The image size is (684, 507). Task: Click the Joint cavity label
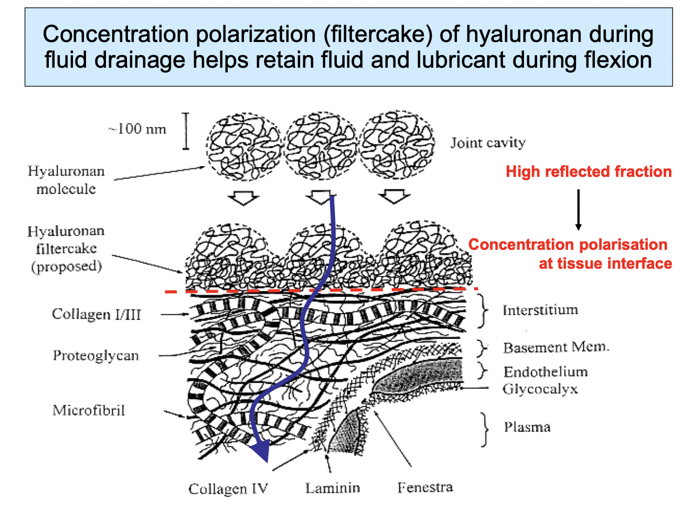(488, 143)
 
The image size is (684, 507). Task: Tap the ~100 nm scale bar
(186, 131)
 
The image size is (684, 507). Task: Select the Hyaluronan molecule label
(66, 179)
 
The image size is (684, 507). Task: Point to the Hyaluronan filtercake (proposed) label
(66, 248)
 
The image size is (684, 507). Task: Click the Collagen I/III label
(97, 314)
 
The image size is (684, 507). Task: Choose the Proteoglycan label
(95, 355)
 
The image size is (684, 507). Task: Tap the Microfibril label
(89, 410)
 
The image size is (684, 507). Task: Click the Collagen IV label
(228, 489)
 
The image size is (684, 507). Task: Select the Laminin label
(333, 488)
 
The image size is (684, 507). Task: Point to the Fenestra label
(425, 488)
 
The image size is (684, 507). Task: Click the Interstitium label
(540, 310)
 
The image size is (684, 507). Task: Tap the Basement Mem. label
(556, 347)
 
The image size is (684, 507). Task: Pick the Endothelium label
(546, 372)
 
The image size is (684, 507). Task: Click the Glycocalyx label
(540, 389)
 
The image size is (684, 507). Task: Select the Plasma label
(527, 427)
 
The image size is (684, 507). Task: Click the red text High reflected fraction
(589, 172)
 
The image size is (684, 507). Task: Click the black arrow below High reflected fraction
(578, 209)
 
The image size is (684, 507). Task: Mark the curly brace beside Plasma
(485, 428)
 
